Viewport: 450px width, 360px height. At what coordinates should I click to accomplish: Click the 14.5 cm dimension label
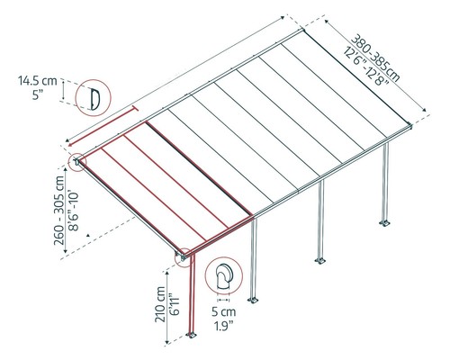tap(38, 81)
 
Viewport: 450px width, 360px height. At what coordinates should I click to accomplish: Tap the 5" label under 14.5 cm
tap(38, 95)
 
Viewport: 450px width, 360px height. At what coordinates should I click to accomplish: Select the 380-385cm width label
tap(375, 58)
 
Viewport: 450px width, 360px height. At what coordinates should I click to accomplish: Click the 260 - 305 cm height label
tap(59, 211)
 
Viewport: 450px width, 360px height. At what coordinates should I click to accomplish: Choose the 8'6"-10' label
tap(73, 211)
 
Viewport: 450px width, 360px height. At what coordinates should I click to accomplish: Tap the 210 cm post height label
tap(160, 304)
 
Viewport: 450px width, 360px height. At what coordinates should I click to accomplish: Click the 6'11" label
tap(175, 304)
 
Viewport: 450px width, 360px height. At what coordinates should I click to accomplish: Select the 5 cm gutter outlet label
tap(224, 312)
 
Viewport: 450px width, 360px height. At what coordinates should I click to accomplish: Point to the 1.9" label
tap(224, 326)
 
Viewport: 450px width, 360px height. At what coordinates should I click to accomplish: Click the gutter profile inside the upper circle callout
tap(95, 99)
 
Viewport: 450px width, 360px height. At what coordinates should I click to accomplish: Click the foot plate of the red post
tap(191, 335)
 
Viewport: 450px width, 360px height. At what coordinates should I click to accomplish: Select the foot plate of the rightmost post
tap(384, 223)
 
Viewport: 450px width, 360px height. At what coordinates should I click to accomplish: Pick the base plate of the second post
tap(253, 300)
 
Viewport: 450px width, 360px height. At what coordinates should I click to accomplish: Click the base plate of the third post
tap(320, 260)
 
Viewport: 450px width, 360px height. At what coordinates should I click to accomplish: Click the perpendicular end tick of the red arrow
tap(135, 108)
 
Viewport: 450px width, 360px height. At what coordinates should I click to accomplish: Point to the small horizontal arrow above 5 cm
tap(223, 300)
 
